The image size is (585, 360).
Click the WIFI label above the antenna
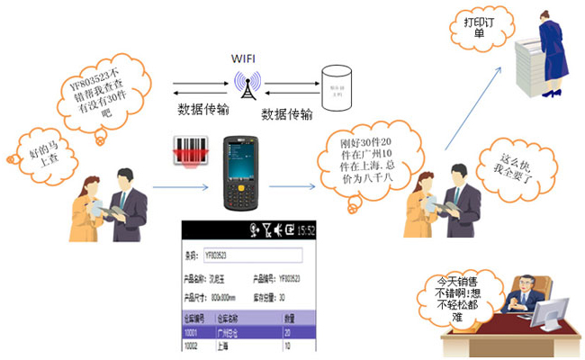pyautogui.click(x=244, y=58)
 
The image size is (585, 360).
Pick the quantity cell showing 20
pyautogui.click(x=288, y=331)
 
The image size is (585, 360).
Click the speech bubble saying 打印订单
pyautogui.click(x=473, y=28)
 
